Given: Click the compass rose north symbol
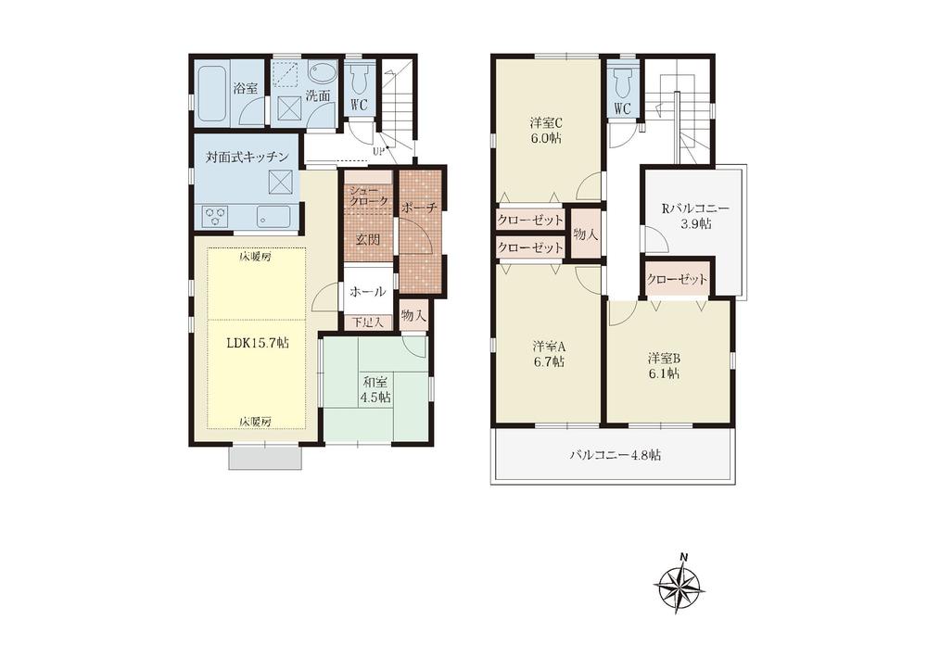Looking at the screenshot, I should pos(680,585).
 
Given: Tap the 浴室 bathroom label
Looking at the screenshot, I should pos(245,89).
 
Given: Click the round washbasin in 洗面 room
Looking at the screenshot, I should pos(324,76).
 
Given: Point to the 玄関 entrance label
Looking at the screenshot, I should pos(368,239).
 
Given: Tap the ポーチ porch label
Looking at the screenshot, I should pos(420,207).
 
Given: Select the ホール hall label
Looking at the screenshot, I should pos(366,291).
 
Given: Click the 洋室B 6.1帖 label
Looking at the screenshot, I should pos(664,365).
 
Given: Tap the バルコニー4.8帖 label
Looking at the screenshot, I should pos(615,455).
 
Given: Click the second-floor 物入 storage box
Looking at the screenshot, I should pos(586,234).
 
